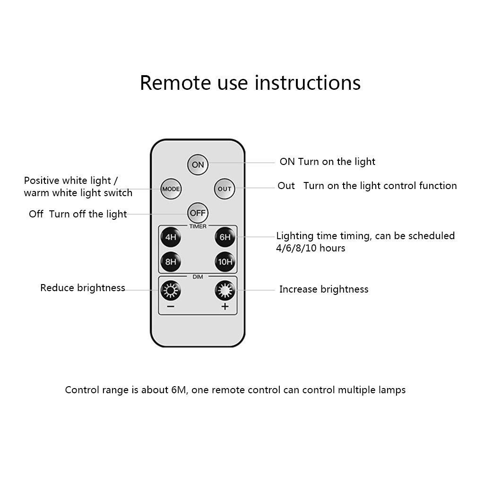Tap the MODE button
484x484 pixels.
click(x=171, y=189)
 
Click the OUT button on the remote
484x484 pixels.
click(x=225, y=189)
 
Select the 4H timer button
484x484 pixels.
click(x=171, y=237)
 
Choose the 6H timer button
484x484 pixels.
click(x=225, y=237)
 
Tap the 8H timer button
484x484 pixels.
click(x=171, y=262)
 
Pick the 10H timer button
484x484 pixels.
click(x=225, y=262)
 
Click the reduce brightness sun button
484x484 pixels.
click(x=171, y=291)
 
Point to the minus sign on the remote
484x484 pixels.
click(x=171, y=306)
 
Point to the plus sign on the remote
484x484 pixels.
click(x=225, y=306)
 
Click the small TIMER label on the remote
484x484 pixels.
click(x=198, y=226)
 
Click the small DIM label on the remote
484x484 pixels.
click(x=198, y=277)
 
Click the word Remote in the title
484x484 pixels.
click(x=176, y=83)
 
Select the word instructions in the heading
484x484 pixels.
click(x=307, y=83)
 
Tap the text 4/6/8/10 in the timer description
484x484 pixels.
click(x=294, y=248)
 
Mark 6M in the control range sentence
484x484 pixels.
click(x=179, y=390)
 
